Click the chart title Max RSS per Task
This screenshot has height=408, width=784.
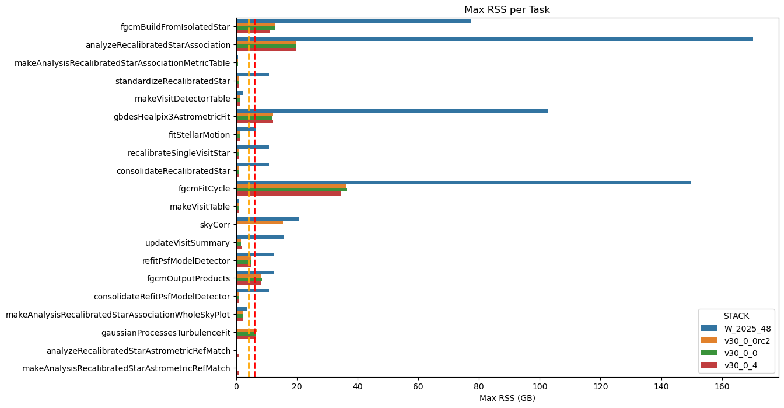[x=507, y=10]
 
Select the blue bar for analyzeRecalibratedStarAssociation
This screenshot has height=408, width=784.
[x=494, y=39]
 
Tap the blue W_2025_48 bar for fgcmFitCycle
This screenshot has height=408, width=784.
[x=463, y=183]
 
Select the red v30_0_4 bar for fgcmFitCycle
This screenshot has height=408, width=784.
[x=288, y=193]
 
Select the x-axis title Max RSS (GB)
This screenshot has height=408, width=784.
[x=507, y=398]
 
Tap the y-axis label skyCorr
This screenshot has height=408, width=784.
[x=215, y=225]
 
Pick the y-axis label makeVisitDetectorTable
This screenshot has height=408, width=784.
[x=183, y=99]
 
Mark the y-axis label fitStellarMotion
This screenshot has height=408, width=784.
[x=199, y=135]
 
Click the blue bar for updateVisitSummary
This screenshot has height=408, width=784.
[x=260, y=236]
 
